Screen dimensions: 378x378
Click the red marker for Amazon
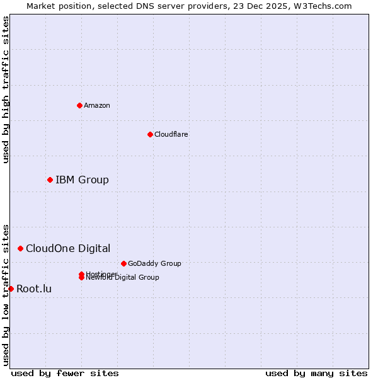[79, 105]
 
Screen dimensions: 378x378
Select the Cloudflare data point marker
[150, 134]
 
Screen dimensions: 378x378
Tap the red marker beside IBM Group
[50, 180]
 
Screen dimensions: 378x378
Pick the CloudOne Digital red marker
[20, 249]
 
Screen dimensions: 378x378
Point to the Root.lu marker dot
[11, 289]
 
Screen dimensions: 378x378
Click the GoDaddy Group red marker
[123, 263]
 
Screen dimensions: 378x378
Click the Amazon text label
[97, 105]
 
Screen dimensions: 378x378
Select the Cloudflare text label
[171, 134]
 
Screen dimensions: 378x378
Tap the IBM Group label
[82, 180]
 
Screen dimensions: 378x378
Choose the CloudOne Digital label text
[68, 249]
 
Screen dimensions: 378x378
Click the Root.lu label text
[34, 289]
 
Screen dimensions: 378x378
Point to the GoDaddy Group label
[154, 263]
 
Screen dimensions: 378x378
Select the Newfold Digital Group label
[123, 278]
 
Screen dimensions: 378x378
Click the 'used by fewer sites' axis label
[65, 373]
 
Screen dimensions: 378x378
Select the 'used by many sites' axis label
[316, 373]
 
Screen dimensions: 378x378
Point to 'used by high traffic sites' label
[6, 89]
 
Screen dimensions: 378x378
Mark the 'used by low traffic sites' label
[6, 295]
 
